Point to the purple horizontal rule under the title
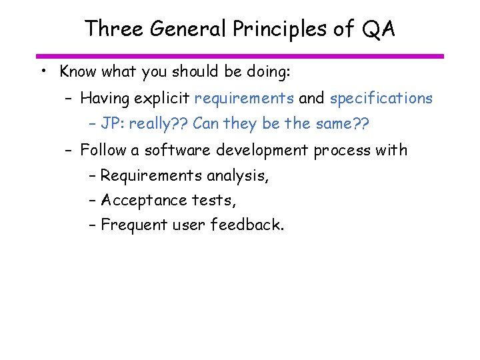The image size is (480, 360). tap(240, 56)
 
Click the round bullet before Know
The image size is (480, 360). tap(42, 71)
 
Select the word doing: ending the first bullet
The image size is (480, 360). tap(266, 71)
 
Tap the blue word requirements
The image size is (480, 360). tap(244, 99)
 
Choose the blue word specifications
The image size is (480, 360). tap(381, 99)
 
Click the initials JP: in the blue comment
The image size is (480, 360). tap(112, 124)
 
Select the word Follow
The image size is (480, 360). tap(103, 150)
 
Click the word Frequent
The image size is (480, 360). tap(132, 225)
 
